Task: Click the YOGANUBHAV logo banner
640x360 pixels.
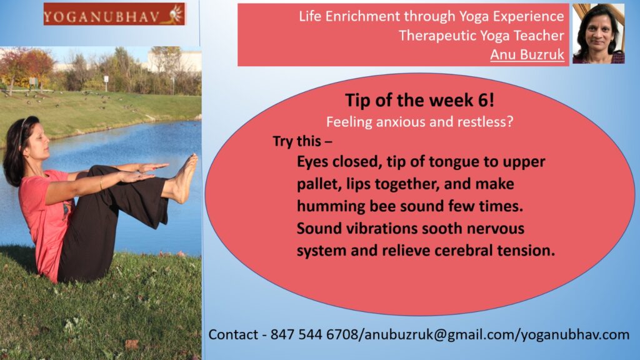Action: click(114, 14)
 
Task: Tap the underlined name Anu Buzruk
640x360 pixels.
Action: click(527, 54)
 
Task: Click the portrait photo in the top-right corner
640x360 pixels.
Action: click(598, 34)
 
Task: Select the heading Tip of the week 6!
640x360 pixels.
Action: click(419, 100)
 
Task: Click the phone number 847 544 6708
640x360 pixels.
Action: click(314, 335)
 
